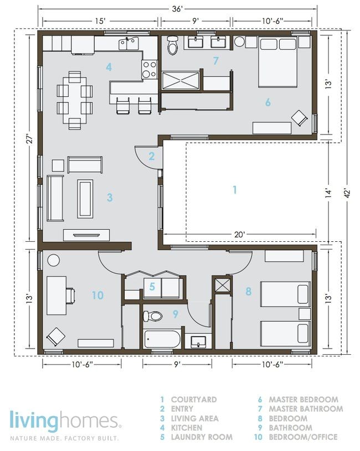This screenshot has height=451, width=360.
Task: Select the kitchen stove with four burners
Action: [149, 69]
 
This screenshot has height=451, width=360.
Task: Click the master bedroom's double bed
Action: [279, 62]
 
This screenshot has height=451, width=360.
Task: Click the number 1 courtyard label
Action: [234, 190]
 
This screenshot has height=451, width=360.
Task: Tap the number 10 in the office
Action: [97, 296]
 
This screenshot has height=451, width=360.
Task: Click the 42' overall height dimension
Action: [345, 193]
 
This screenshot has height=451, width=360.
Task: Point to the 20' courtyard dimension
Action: [239, 235]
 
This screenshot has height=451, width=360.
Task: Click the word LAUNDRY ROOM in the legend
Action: [202, 437]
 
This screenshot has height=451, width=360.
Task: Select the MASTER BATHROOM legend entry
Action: [305, 409]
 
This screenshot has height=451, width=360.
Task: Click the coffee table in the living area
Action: [85, 198]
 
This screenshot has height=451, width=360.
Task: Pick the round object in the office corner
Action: [54, 259]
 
